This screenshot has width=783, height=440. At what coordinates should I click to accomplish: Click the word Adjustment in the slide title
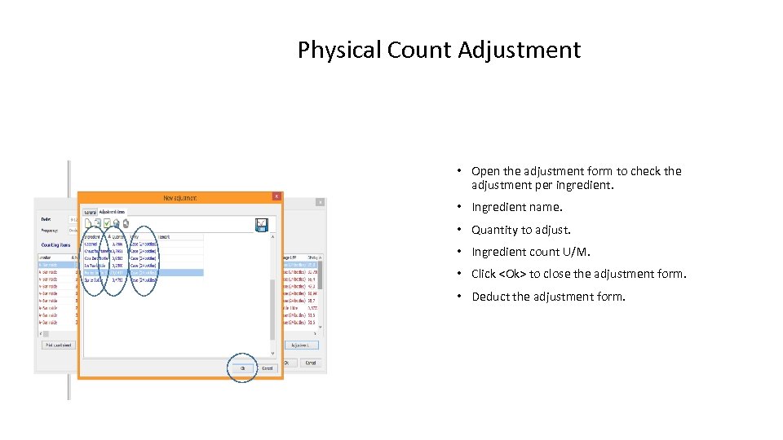[x=519, y=51]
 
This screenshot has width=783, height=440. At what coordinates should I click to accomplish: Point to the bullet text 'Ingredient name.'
[x=516, y=208]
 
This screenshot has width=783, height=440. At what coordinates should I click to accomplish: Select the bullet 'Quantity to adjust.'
[x=520, y=230]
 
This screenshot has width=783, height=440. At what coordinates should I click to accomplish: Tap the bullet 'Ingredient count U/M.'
[x=530, y=252]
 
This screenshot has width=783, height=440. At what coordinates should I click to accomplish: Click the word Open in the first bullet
[x=484, y=171]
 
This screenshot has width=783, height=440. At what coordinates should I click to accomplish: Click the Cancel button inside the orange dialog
[x=267, y=368]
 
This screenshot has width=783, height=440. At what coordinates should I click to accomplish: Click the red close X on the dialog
[x=276, y=196]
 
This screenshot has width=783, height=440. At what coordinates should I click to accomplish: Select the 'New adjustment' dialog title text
[x=179, y=197]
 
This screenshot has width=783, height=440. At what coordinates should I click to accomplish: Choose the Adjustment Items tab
[x=113, y=211]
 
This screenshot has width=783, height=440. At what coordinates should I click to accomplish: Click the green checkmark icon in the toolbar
[x=107, y=223]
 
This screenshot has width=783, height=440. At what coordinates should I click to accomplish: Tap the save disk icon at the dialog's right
[x=261, y=224]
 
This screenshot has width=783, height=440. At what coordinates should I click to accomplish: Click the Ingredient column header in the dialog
[x=93, y=236]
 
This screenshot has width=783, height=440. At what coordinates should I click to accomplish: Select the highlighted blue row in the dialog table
[x=143, y=273]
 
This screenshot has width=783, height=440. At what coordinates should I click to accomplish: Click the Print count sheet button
[x=58, y=345]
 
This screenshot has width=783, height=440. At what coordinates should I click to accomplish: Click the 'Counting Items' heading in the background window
[x=56, y=244]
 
